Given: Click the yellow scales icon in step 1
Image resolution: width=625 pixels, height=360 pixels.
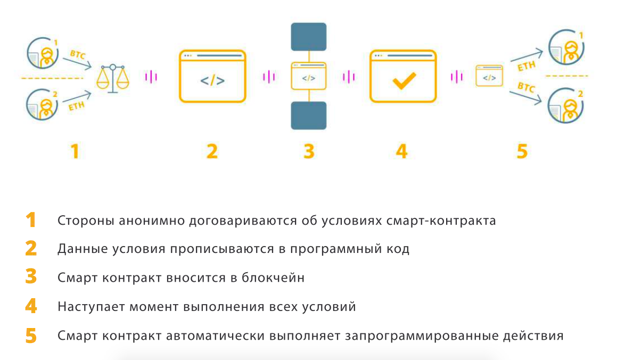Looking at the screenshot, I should click(x=112, y=78).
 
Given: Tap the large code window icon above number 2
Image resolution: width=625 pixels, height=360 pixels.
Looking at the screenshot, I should click(x=212, y=76).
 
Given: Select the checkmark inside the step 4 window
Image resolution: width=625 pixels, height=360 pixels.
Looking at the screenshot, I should click(x=404, y=81).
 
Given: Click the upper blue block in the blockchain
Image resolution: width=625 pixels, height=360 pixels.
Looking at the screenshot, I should click(x=308, y=36).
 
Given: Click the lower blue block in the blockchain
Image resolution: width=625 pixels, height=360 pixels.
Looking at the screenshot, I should click(x=308, y=116).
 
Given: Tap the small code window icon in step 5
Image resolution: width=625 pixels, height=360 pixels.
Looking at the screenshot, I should click(x=489, y=76).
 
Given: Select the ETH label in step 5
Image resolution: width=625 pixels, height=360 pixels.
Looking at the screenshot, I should click(x=527, y=67).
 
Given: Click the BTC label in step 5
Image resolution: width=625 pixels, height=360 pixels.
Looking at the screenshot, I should click(x=526, y=87).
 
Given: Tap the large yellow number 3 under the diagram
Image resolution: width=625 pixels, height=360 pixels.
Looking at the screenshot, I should click(x=308, y=151).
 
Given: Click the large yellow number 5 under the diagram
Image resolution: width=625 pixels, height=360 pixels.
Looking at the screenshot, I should click(x=522, y=151).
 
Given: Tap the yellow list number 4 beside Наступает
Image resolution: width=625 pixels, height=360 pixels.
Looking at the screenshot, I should click(x=31, y=306).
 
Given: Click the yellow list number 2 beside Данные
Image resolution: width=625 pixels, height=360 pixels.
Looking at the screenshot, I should click(x=31, y=249).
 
